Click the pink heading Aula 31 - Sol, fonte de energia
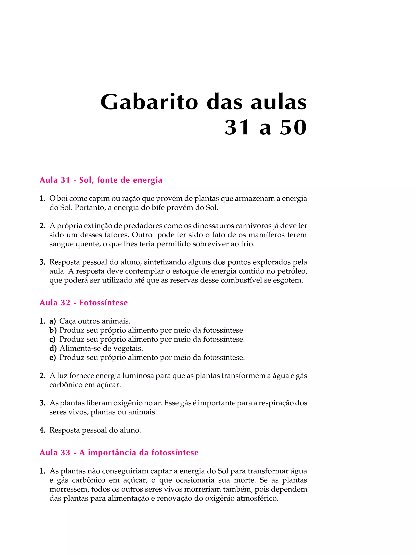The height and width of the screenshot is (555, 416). pyautogui.click(x=101, y=180)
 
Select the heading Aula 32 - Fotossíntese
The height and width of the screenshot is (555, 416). pyautogui.click(x=83, y=303)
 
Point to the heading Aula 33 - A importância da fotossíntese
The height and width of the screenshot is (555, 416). pyautogui.click(x=119, y=452)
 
